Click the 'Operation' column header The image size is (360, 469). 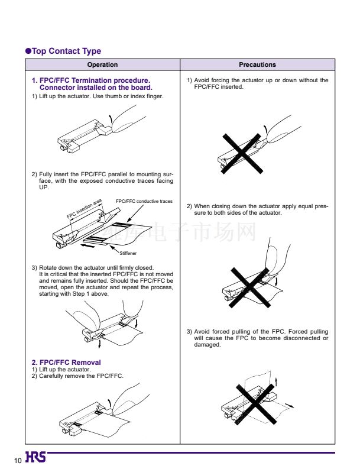click(102, 64)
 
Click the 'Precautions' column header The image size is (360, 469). click(257, 64)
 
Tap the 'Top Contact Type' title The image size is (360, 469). click(66, 51)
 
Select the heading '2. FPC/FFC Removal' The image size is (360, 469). click(66, 362)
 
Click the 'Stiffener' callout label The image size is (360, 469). click(128, 253)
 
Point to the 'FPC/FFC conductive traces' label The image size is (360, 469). click(144, 201)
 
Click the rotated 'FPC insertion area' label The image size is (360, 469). click(84, 209)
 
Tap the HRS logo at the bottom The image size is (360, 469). click(35, 457)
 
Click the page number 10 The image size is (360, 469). click(18, 460)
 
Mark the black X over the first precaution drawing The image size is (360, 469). click(242, 153)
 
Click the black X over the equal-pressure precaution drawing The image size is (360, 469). click(250, 287)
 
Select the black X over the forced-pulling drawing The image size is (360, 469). click(255, 404)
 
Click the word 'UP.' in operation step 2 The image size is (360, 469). click(44, 187)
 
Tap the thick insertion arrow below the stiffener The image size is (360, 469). click(87, 246)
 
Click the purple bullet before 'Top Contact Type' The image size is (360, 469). click(28, 51)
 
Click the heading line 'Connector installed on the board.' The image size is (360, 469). click(96, 88)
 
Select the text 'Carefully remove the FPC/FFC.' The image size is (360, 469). click(81, 376)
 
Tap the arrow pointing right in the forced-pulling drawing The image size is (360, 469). click(290, 405)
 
